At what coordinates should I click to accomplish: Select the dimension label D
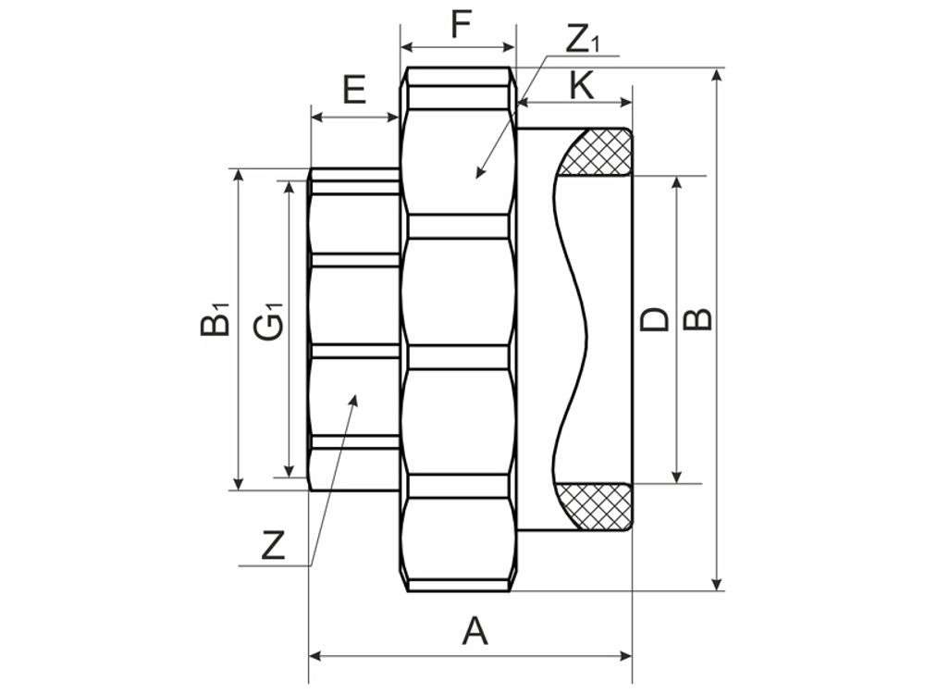[x=655, y=319]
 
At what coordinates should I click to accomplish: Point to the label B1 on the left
[x=215, y=319]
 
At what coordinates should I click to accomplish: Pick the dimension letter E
[x=354, y=91]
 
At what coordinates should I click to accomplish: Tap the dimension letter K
[x=581, y=86]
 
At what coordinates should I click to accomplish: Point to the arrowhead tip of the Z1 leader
[x=477, y=177]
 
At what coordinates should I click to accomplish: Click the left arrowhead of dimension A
[x=311, y=655]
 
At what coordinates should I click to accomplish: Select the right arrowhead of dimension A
[x=631, y=655]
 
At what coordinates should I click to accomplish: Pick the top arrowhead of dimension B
[x=718, y=70]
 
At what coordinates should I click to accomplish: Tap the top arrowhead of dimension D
[x=678, y=178]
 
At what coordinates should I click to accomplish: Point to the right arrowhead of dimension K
[x=631, y=101]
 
